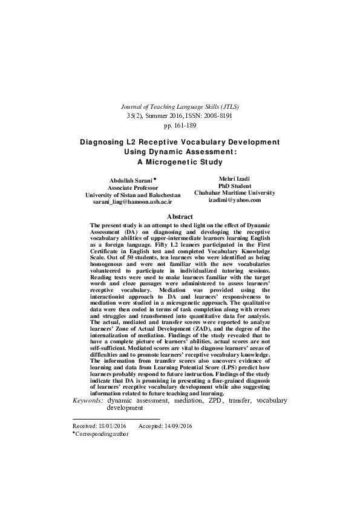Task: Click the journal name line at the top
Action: pos(180,105)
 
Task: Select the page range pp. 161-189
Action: pos(180,125)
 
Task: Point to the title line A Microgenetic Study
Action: pos(180,161)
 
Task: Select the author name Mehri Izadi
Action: pos(234,178)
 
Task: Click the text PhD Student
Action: pos(234,186)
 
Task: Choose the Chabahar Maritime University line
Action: pos(234,193)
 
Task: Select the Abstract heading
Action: pos(180,216)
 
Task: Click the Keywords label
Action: pos(88,400)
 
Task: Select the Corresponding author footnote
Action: pos(102,434)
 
